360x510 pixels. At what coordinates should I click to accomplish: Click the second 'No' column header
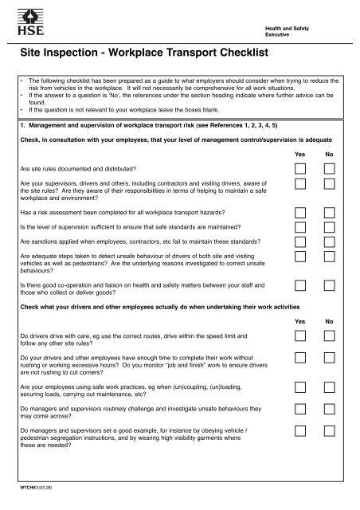[x=328, y=320]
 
